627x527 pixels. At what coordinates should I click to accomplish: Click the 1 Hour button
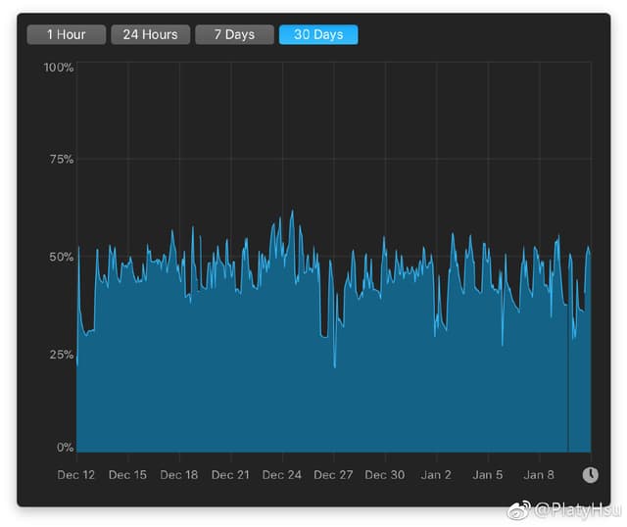(x=66, y=34)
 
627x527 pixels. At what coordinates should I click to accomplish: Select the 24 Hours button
(x=150, y=34)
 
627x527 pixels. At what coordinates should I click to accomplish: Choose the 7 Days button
(x=233, y=34)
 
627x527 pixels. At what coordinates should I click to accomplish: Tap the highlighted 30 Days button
(x=318, y=34)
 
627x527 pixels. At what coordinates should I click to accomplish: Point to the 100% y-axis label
(x=59, y=68)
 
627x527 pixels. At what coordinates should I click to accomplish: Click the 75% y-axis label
(x=61, y=159)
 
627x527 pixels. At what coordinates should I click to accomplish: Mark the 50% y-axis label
(x=61, y=257)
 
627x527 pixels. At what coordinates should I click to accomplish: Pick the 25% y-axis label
(x=61, y=355)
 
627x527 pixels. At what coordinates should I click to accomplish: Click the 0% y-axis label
(x=65, y=448)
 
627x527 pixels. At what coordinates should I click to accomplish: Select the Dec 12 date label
(x=76, y=475)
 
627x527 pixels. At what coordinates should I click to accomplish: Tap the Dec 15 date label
(x=127, y=475)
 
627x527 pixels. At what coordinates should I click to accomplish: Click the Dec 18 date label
(x=178, y=475)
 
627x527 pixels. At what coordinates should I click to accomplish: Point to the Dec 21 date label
(x=230, y=475)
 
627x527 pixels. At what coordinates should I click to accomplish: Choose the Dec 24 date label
(x=281, y=475)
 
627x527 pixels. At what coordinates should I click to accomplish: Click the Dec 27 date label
(x=333, y=475)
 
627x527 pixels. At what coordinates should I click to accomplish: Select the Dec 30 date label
(x=384, y=475)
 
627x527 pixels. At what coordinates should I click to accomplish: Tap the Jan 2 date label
(x=436, y=475)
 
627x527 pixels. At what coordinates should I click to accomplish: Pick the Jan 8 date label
(x=539, y=475)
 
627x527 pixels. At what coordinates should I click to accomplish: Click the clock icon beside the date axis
(x=590, y=475)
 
